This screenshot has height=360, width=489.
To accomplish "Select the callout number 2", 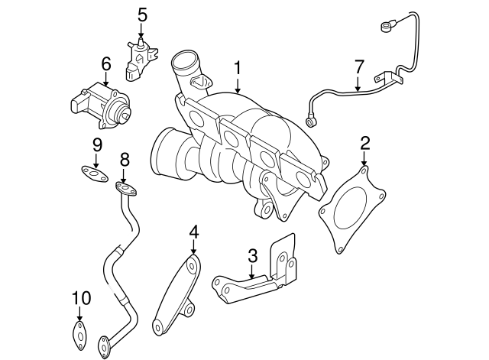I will point(364,141).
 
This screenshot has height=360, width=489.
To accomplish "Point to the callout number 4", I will point(194,230).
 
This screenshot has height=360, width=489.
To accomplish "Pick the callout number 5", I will point(141,13).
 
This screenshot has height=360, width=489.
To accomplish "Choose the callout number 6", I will point(105,63).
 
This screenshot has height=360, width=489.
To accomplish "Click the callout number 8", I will point(125,159).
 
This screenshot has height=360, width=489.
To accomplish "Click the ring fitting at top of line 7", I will point(387,27).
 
